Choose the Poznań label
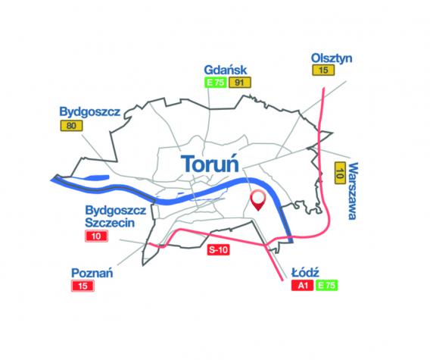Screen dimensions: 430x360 coord(92,271)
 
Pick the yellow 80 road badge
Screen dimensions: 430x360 coord(71,126)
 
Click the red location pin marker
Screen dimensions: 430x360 coord(258,199)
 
